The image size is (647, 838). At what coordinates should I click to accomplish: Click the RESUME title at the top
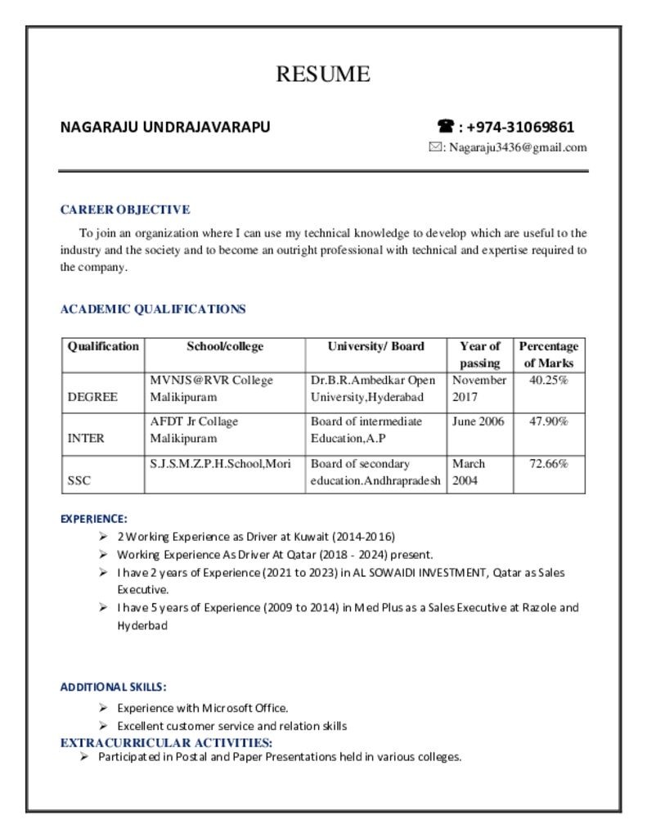pyautogui.click(x=323, y=74)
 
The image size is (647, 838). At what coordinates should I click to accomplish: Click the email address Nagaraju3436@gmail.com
pyautogui.click(x=518, y=147)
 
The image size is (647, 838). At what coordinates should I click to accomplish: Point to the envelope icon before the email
pyautogui.click(x=436, y=147)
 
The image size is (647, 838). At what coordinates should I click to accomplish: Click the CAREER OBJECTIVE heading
pyautogui.click(x=125, y=209)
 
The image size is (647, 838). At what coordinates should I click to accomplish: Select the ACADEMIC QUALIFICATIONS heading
pyautogui.click(x=153, y=309)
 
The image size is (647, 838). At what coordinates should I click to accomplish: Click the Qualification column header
pyautogui.click(x=103, y=346)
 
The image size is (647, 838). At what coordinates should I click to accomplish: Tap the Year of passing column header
pyautogui.click(x=479, y=354)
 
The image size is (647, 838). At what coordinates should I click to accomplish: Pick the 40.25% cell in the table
pyautogui.click(x=549, y=381)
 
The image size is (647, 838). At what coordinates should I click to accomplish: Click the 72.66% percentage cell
pyautogui.click(x=549, y=464)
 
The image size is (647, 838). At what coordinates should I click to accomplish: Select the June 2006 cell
pyautogui.click(x=479, y=422)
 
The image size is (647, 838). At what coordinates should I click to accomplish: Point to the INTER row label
pyautogui.click(x=86, y=439)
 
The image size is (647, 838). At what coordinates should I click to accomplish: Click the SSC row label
pyautogui.click(x=79, y=481)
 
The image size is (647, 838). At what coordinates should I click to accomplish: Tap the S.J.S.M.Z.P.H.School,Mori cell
pyautogui.click(x=221, y=464)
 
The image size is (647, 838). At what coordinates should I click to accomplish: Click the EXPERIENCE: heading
pyautogui.click(x=94, y=519)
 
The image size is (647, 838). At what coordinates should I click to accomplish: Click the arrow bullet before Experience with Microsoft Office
pyautogui.click(x=103, y=708)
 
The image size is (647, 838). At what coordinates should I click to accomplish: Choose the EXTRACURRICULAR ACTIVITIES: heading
pyautogui.click(x=167, y=743)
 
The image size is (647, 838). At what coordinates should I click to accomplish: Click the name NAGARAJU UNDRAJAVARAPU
pyautogui.click(x=165, y=128)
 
